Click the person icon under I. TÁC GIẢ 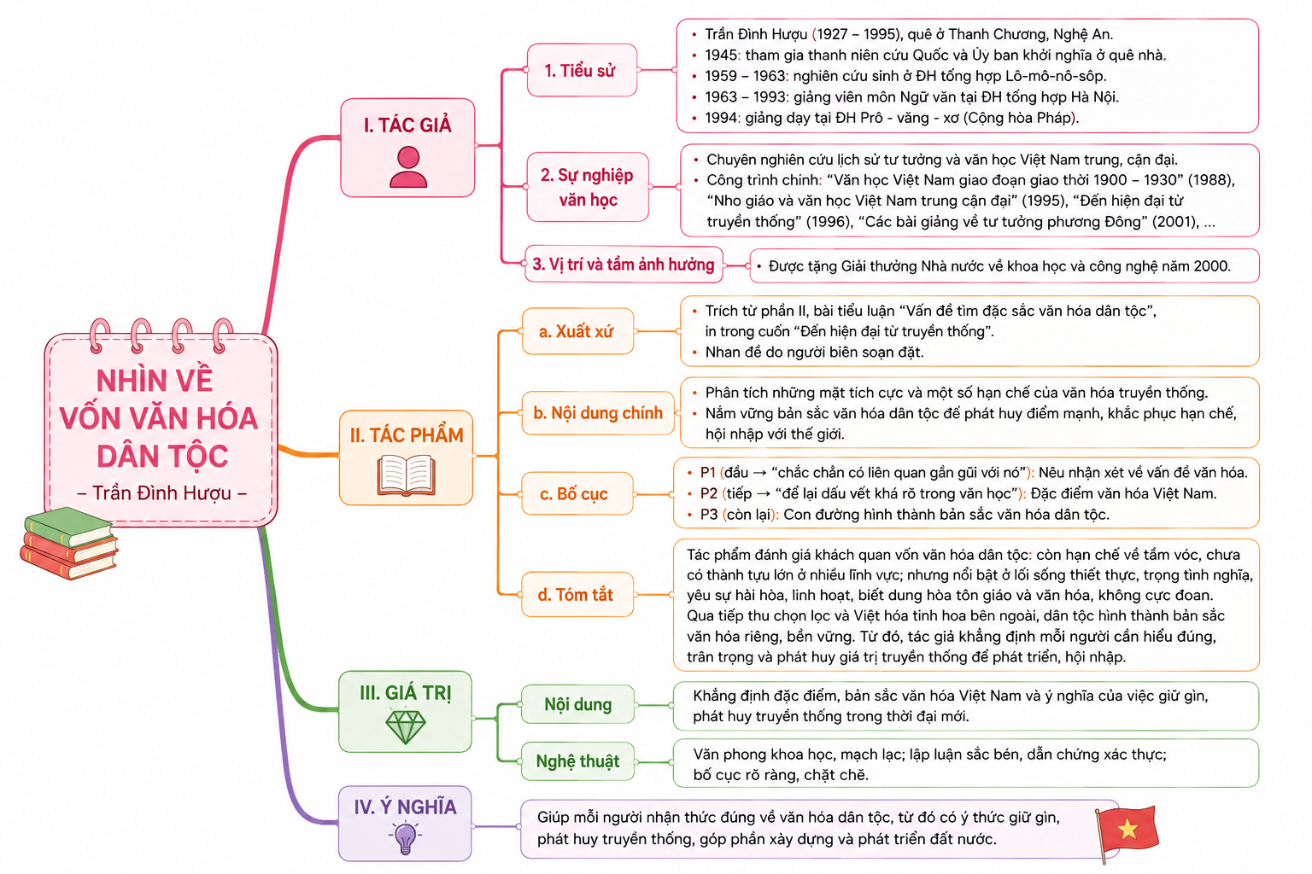[408, 166]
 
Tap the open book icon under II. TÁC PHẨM [407, 475]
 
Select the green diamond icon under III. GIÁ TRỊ [406, 726]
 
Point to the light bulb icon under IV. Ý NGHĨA [406, 837]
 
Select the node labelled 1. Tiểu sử [582, 70]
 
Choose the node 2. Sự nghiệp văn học [588, 187]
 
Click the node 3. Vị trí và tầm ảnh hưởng [624, 265]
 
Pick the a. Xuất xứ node [577, 331]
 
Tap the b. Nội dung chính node [598, 413]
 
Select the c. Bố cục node [577, 494]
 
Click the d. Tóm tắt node [577, 595]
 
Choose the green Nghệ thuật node [577, 761]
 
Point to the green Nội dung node [577, 704]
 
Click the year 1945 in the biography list [721, 55]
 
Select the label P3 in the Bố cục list [709, 515]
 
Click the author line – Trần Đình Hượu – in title [161, 493]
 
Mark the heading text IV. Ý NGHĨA [406, 807]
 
